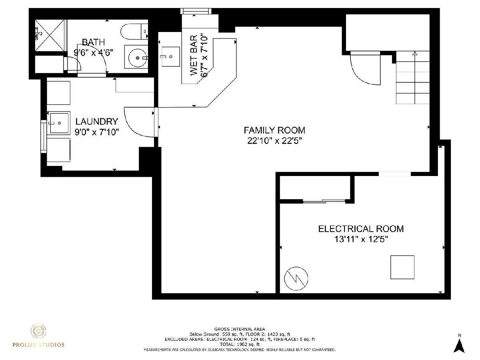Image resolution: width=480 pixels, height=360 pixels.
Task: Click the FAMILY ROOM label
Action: click(x=274, y=130)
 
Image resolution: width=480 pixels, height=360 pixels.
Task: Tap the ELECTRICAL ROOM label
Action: click(x=361, y=229)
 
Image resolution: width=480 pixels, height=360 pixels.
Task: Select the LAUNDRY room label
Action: click(x=97, y=121)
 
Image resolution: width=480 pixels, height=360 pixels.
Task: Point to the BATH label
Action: click(x=93, y=42)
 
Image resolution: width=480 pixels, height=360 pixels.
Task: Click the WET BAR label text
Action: click(x=194, y=55)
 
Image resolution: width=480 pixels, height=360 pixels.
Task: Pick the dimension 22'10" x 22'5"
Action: click(x=274, y=141)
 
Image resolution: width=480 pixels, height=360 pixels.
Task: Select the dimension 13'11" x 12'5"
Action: click(x=361, y=239)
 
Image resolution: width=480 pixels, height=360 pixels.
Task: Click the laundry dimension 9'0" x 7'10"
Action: click(x=97, y=132)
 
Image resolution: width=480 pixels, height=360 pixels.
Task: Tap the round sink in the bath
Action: click(x=137, y=58)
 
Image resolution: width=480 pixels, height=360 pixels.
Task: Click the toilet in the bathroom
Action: click(x=134, y=32)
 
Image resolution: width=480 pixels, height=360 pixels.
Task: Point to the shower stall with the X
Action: click(x=50, y=36)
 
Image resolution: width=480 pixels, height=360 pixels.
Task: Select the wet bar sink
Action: click(x=170, y=57)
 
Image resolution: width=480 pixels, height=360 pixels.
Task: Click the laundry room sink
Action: click(x=59, y=123)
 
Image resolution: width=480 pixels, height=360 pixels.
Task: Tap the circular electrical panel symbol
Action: click(x=296, y=278)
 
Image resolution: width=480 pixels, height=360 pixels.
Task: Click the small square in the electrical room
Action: click(x=402, y=267)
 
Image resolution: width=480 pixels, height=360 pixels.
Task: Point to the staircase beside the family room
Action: click(x=413, y=77)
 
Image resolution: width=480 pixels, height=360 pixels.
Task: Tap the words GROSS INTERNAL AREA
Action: click(x=240, y=329)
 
